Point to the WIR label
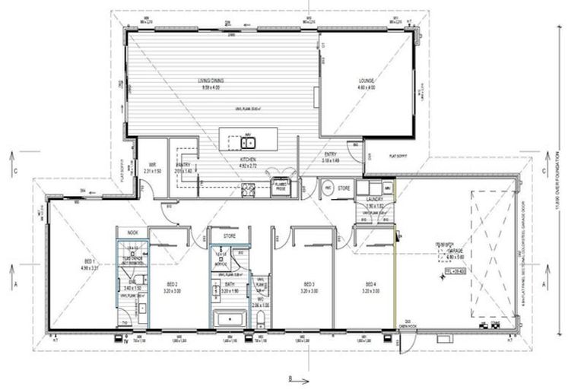[152, 166]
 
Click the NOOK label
[132, 232]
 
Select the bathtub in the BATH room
[227, 320]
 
